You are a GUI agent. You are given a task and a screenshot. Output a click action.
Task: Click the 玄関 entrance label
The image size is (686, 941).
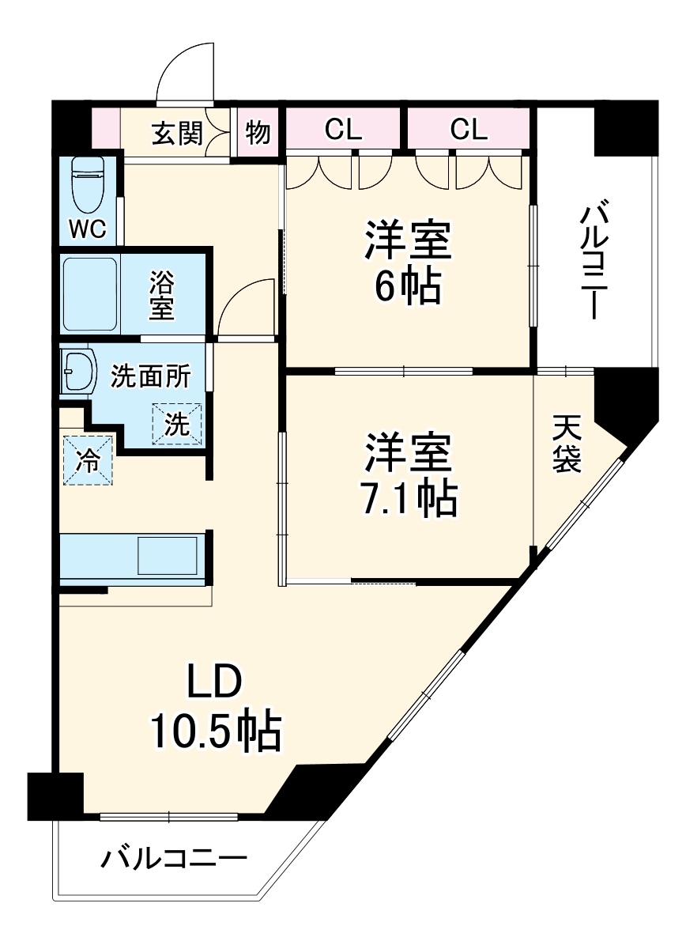click(x=177, y=133)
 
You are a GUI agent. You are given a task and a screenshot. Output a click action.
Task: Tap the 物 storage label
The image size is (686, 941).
click(x=258, y=133)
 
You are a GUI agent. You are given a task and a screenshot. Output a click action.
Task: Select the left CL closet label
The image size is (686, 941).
click(x=343, y=129)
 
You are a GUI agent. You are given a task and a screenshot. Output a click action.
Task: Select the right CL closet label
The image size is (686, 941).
click(x=469, y=129)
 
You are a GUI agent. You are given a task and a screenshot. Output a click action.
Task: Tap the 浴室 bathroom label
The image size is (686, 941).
click(x=161, y=295)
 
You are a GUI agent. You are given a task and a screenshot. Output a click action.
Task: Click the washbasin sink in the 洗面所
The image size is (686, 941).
click(x=77, y=370)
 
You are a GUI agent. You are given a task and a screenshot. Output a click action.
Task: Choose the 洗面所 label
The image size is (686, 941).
click(x=150, y=377)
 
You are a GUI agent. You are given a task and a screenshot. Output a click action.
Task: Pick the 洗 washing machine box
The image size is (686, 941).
click(x=177, y=425)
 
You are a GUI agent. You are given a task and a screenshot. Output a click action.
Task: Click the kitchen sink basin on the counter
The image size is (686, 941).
click(x=167, y=556)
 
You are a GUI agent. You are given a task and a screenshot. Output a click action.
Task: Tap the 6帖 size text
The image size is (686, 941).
click(x=407, y=287)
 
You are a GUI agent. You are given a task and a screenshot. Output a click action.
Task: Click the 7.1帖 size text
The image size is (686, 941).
click(x=407, y=497)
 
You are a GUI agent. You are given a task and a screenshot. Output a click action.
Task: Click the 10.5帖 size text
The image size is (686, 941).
click(x=215, y=732)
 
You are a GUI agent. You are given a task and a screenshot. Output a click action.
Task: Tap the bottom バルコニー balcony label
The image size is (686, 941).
click(x=174, y=858)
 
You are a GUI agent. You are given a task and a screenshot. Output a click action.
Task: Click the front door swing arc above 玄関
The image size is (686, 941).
click(x=187, y=75)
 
